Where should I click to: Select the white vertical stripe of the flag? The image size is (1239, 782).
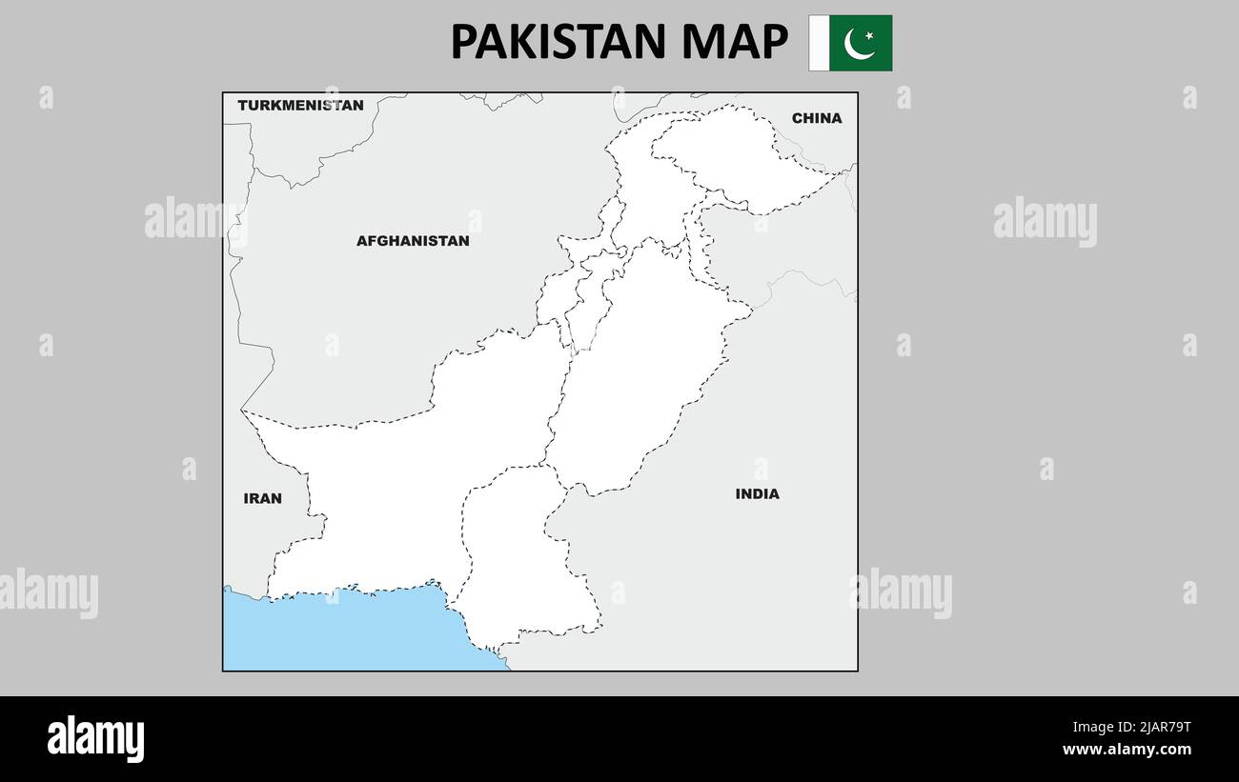click(819, 43)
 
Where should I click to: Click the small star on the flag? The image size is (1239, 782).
click(869, 36)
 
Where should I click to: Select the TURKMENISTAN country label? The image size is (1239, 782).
click(300, 105)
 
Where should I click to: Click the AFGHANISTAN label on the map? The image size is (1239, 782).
click(413, 241)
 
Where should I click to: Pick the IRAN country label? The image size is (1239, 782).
click(262, 498)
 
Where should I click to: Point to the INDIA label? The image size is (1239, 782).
click(757, 493)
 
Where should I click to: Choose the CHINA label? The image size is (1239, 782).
click(817, 118)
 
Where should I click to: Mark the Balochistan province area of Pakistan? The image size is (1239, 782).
click(400, 495)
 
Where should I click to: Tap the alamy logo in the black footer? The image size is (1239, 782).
click(95, 739)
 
